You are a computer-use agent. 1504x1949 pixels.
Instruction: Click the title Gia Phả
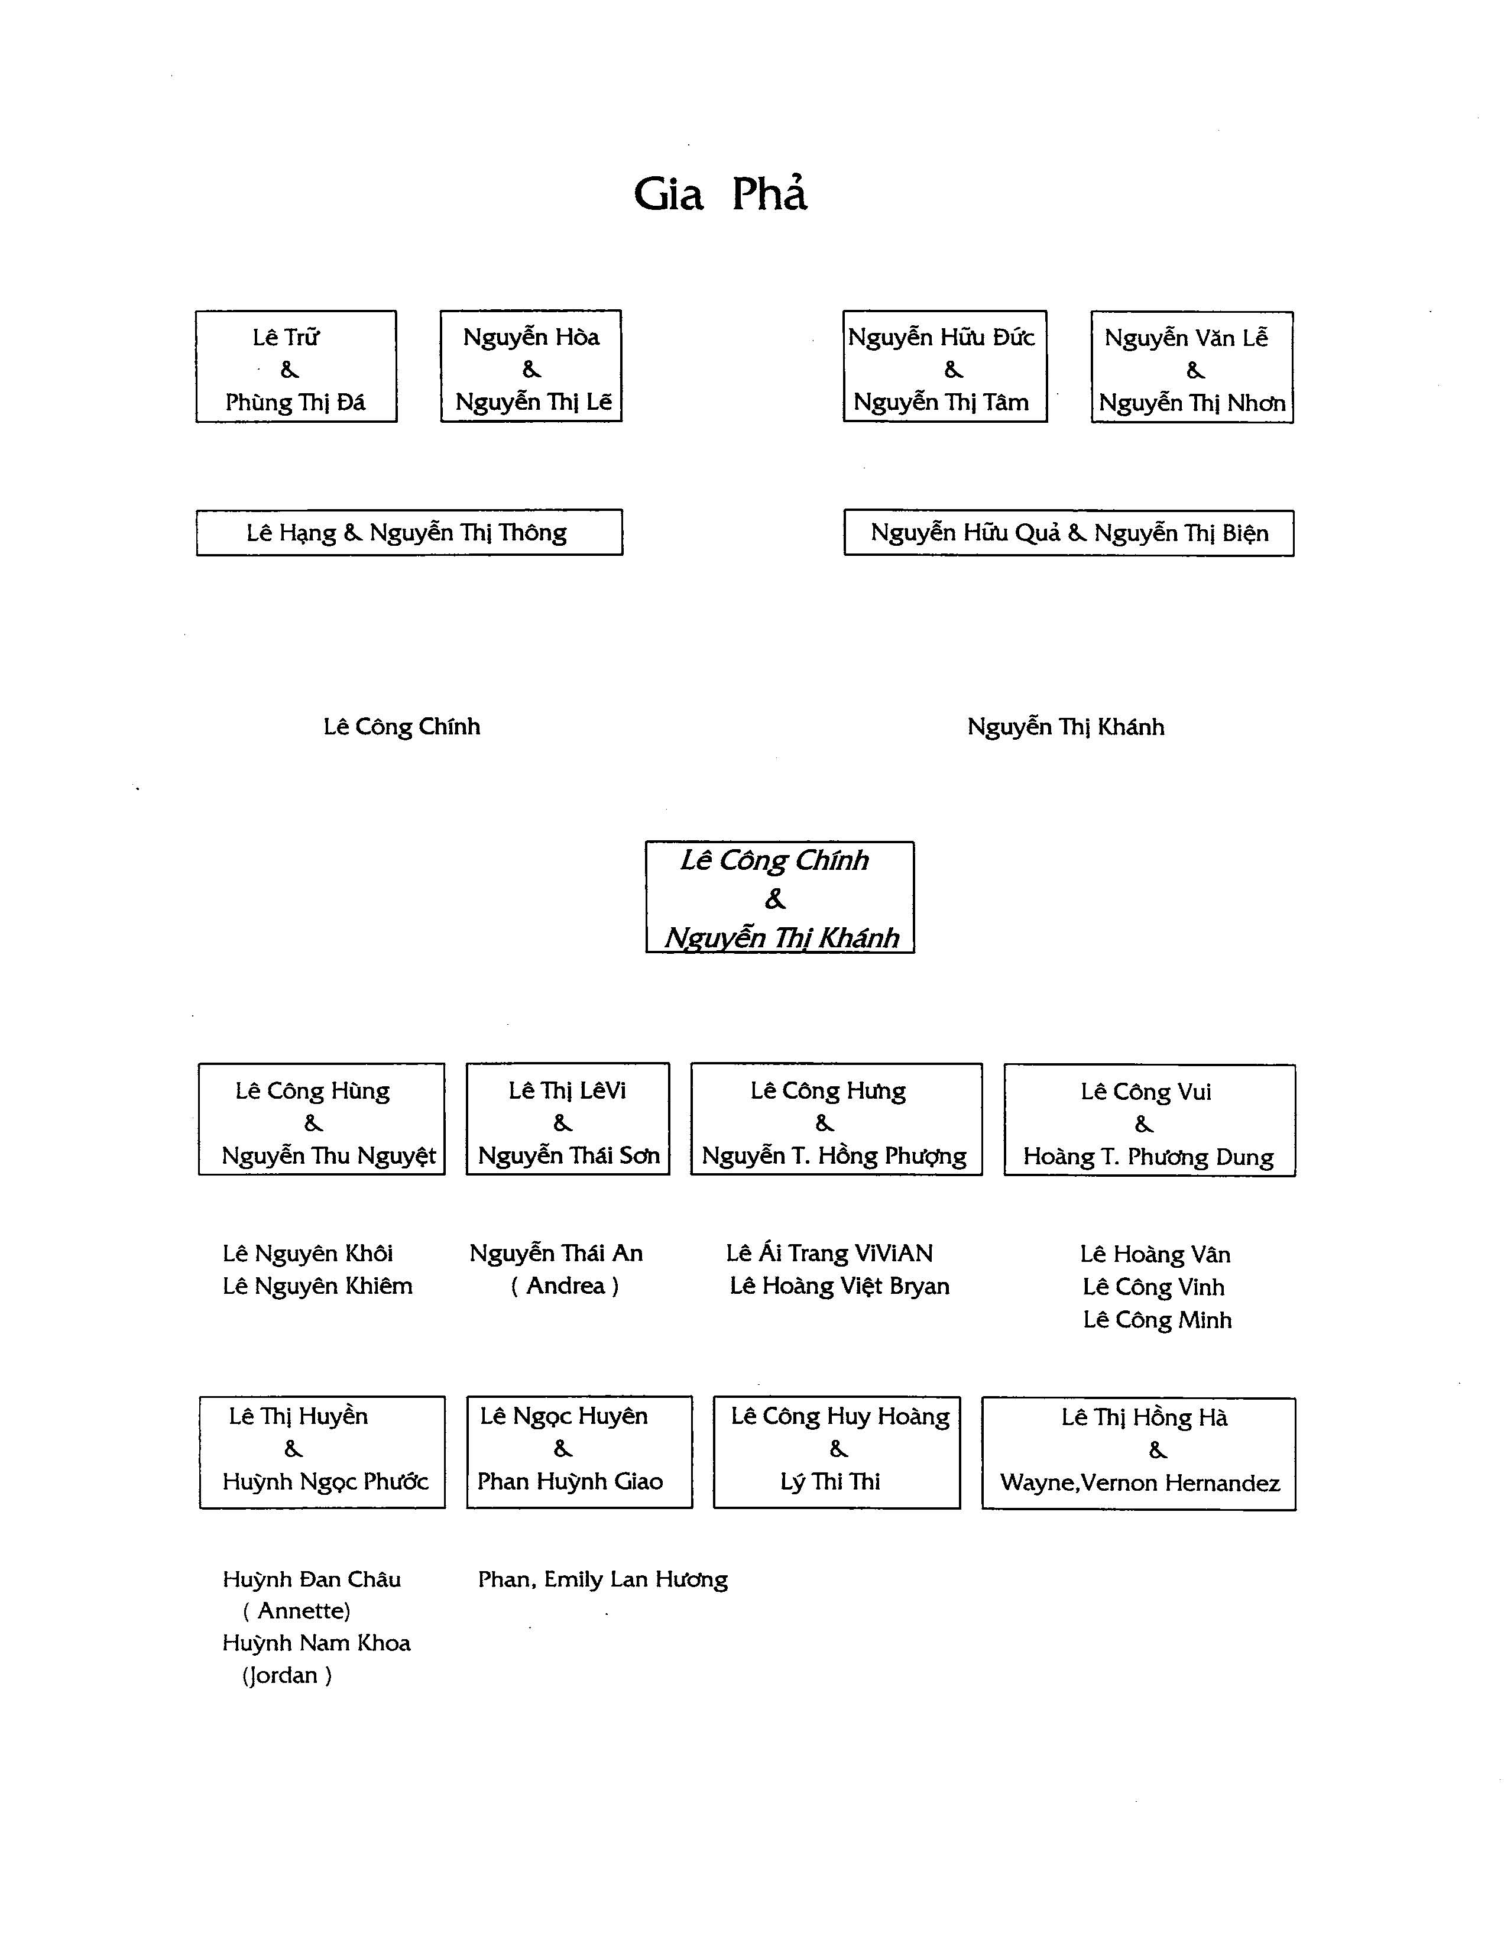tap(720, 193)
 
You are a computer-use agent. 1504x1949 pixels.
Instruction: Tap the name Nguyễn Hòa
tap(531, 337)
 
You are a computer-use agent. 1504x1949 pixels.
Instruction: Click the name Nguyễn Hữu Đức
tap(941, 337)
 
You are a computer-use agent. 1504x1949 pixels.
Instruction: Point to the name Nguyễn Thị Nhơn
tap(1192, 403)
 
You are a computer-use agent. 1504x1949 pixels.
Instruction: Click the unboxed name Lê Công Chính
tap(401, 726)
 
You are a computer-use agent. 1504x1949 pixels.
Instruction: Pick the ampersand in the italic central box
tap(775, 899)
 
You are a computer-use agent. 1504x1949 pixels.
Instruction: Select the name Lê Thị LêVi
tap(568, 1090)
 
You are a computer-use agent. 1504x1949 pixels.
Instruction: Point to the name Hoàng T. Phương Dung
tap(1148, 1157)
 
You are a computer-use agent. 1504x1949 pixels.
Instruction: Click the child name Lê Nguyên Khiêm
tap(317, 1286)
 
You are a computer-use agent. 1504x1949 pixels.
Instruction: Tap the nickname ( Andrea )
tap(565, 1286)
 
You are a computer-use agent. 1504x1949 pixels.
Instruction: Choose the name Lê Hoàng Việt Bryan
tap(839, 1286)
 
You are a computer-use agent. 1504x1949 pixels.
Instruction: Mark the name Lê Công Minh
tap(1157, 1320)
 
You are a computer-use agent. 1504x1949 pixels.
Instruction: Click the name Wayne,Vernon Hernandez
tap(1140, 1483)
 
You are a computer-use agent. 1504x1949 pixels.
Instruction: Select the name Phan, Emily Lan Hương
tap(603, 1579)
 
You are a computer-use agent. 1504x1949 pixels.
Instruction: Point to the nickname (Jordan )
tap(286, 1675)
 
